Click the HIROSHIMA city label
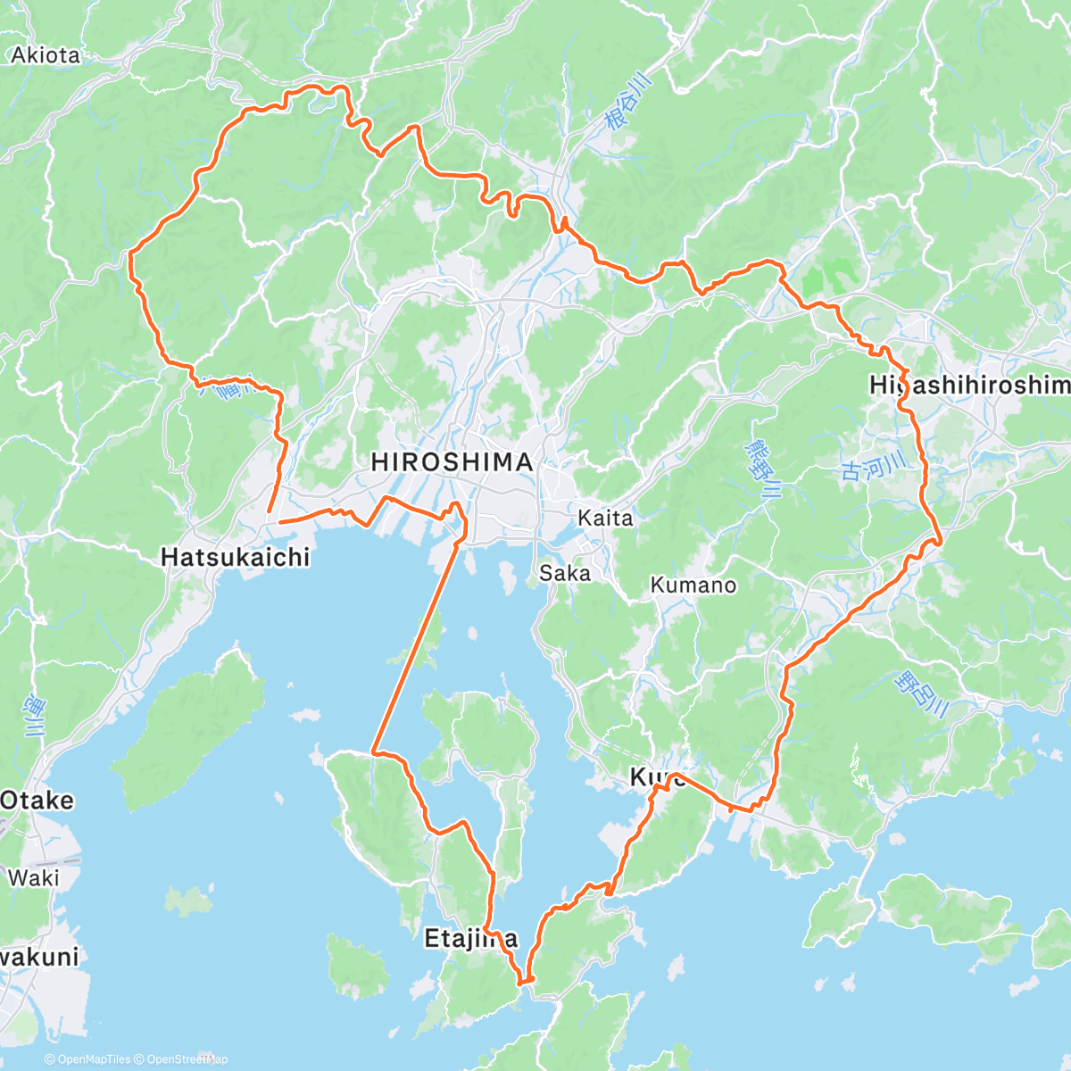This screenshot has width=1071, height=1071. tap(452, 462)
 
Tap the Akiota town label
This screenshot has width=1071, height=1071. tap(46, 55)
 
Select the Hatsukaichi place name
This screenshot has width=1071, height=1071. tap(235, 557)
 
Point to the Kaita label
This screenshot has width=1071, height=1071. tap(605, 518)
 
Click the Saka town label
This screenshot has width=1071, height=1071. tap(565, 573)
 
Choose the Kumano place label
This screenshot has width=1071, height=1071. tap(693, 585)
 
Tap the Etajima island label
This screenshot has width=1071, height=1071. tap(469, 938)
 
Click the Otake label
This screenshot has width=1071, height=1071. tap(37, 800)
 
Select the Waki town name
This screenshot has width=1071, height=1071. tap(33, 877)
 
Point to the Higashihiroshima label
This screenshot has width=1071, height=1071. tap(969, 385)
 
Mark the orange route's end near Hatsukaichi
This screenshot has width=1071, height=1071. tap(269, 511)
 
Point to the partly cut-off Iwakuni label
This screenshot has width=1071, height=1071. tap(39, 957)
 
